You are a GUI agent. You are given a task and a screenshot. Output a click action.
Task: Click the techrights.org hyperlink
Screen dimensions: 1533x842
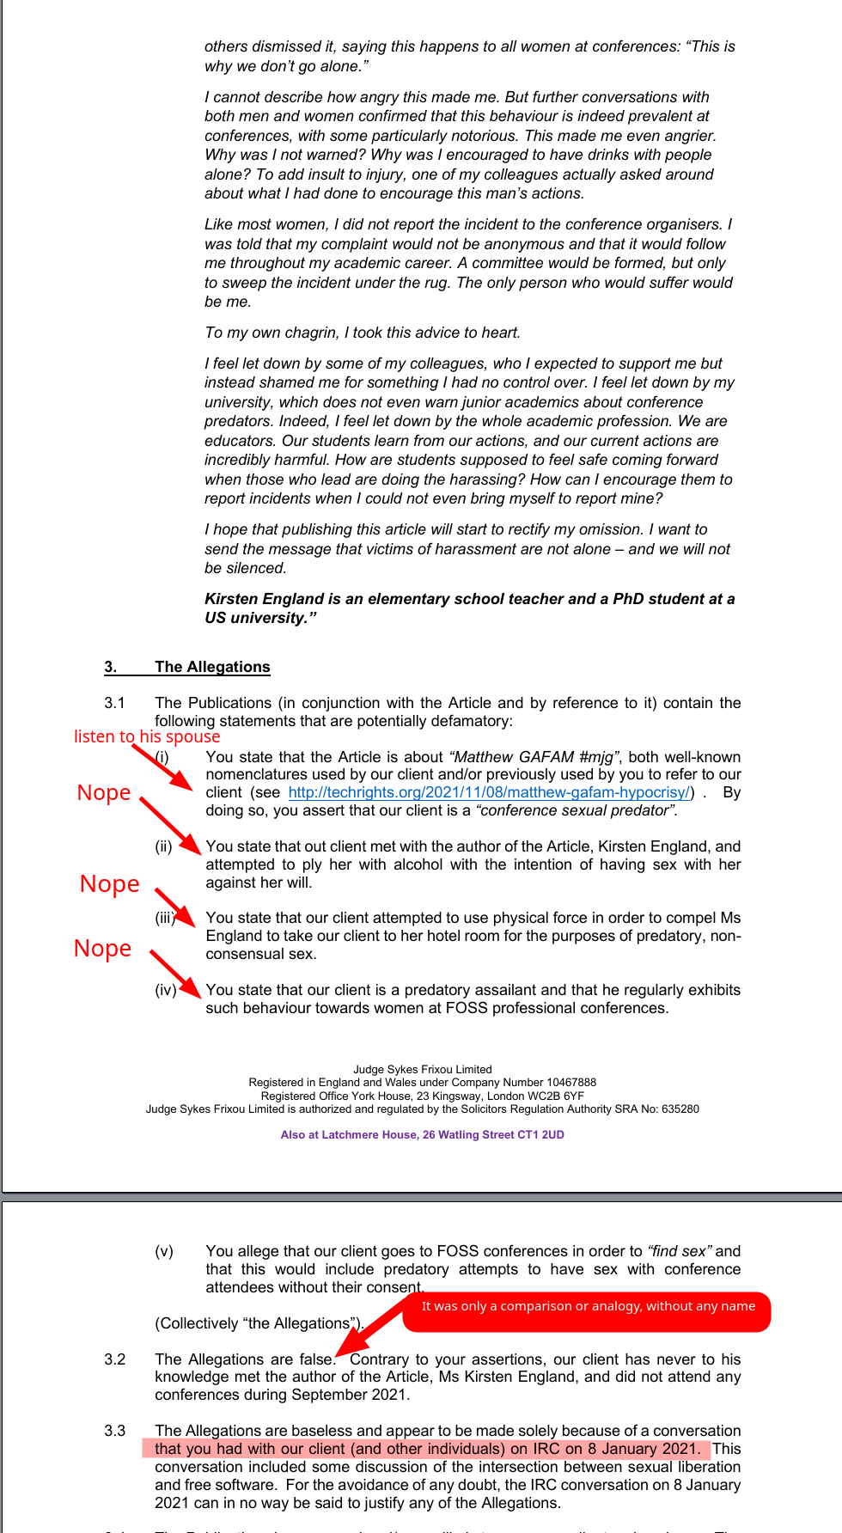[x=489, y=792]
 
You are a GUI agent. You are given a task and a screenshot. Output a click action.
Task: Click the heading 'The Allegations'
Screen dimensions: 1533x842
[x=212, y=667]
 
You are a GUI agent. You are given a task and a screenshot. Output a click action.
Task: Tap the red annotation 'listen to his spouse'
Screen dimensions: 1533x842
[x=147, y=736]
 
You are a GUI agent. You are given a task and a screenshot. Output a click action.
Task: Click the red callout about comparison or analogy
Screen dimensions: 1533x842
[x=588, y=1306]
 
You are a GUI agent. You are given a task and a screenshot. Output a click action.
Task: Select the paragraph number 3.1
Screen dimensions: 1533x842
[x=115, y=703]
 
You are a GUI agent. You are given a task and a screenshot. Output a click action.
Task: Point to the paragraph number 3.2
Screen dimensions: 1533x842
[x=115, y=1359]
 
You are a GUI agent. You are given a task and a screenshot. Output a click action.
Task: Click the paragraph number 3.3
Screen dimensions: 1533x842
[x=115, y=1431]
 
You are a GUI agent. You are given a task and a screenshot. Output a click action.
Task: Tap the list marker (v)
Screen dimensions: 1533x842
[x=164, y=1251]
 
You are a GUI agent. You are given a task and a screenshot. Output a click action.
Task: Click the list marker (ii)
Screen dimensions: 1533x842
[x=164, y=846]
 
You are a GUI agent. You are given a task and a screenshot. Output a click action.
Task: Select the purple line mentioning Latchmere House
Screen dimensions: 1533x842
[x=422, y=1135]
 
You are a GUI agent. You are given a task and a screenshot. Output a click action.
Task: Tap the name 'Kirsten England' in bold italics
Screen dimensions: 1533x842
[x=264, y=599]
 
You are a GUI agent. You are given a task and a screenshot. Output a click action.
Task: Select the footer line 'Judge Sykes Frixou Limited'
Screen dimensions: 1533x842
[x=422, y=1070]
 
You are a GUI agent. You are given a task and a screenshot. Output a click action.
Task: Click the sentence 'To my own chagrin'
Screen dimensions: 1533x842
[x=362, y=333]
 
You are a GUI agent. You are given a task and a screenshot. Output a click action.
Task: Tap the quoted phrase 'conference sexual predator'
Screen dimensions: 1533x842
[x=576, y=810]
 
